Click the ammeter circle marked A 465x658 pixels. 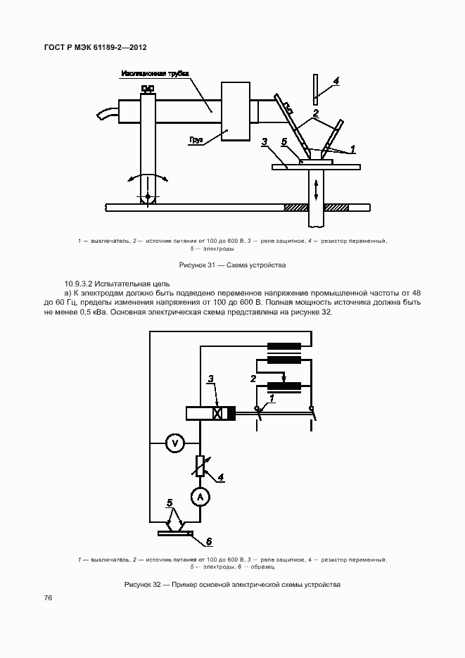tap(200, 497)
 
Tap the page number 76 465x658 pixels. tap(49, 597)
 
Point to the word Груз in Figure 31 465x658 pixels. tap(196, 140)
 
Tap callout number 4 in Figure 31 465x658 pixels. tap(336, 81)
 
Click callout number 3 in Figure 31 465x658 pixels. tap(264, 142)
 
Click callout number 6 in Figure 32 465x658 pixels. tap(209, 541)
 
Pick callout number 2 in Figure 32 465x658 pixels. tap(253, 379)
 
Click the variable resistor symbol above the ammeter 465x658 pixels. tap(200, 465)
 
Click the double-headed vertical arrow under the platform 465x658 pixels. tap(317, 189)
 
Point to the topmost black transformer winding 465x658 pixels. tap(284, 346)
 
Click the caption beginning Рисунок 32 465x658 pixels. tap(232, 585)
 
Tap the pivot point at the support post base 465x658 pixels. tap(148, 195)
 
